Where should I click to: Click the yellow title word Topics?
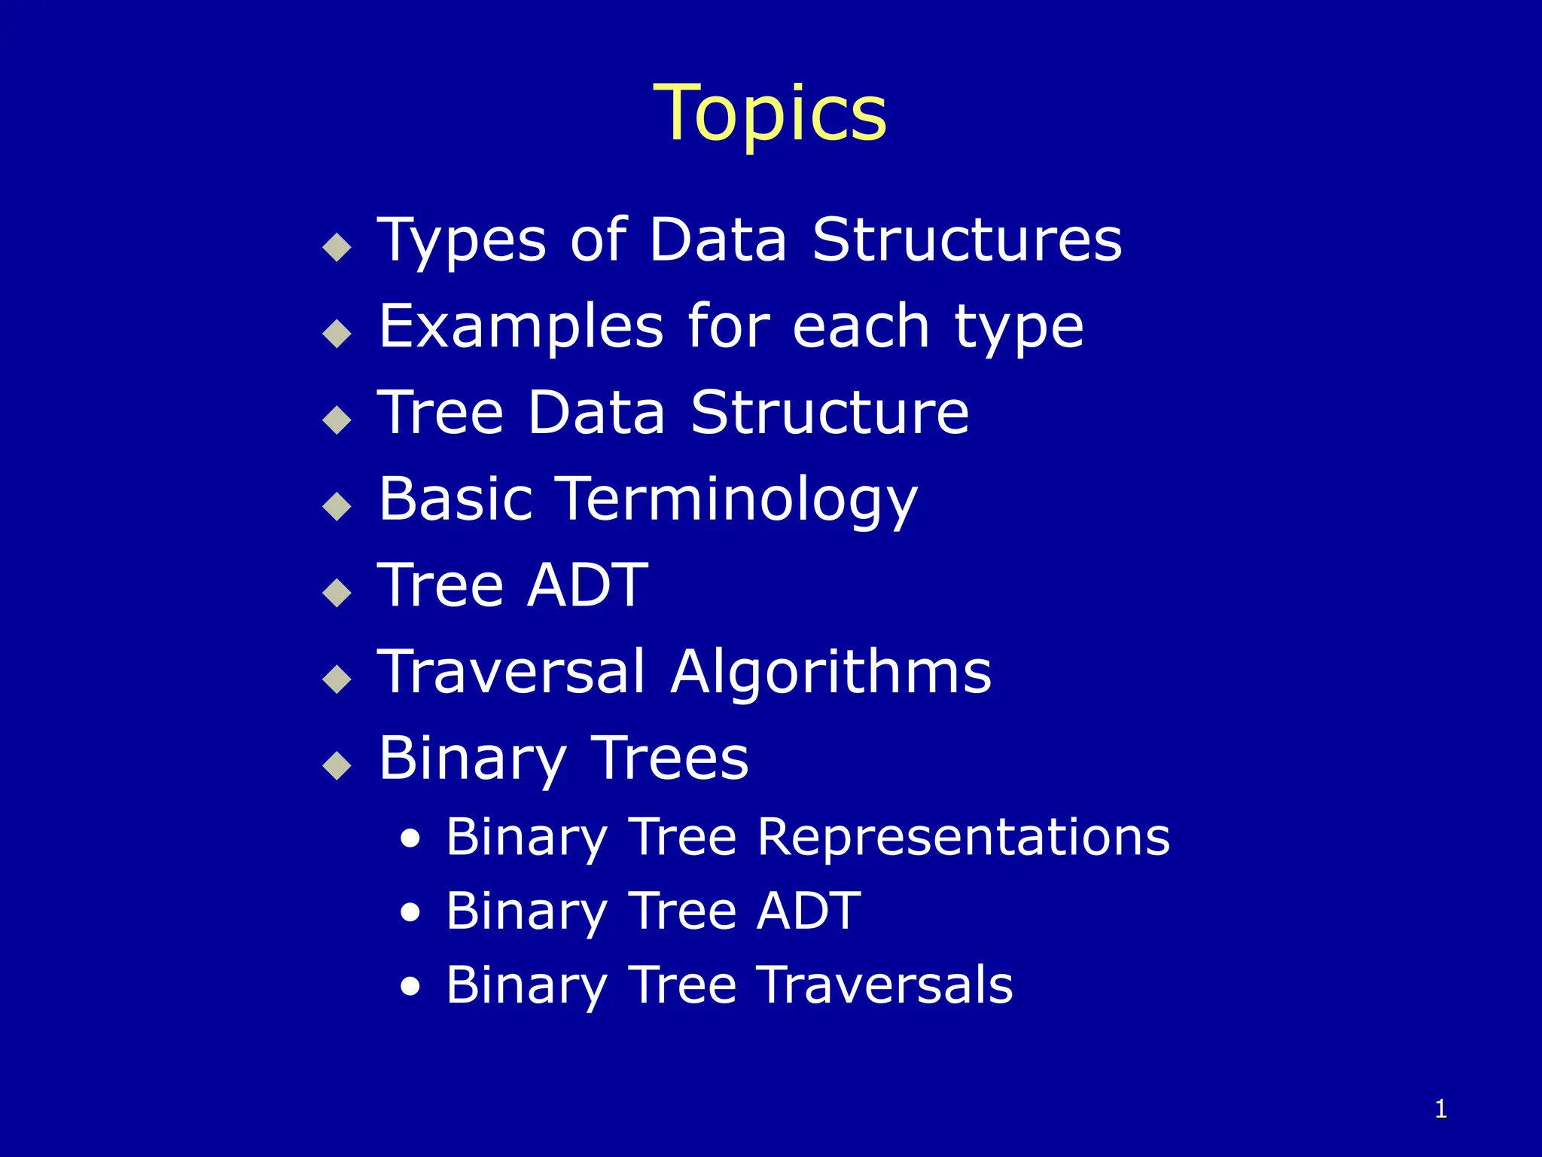coord(769,114)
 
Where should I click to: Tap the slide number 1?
coord(1440,1109)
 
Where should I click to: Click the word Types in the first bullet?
coord(462,241)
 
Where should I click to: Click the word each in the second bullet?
coord(861,327)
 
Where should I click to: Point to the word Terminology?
coord(738,500)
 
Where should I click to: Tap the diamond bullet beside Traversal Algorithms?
coord(337,679)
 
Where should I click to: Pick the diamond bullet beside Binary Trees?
coord(337,765)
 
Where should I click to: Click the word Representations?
coord(963,837)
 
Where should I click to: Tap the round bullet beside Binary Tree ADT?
coord(410,913)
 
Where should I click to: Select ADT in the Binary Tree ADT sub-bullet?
coord(808,911)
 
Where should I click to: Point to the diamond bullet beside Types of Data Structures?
coord(337,246)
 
